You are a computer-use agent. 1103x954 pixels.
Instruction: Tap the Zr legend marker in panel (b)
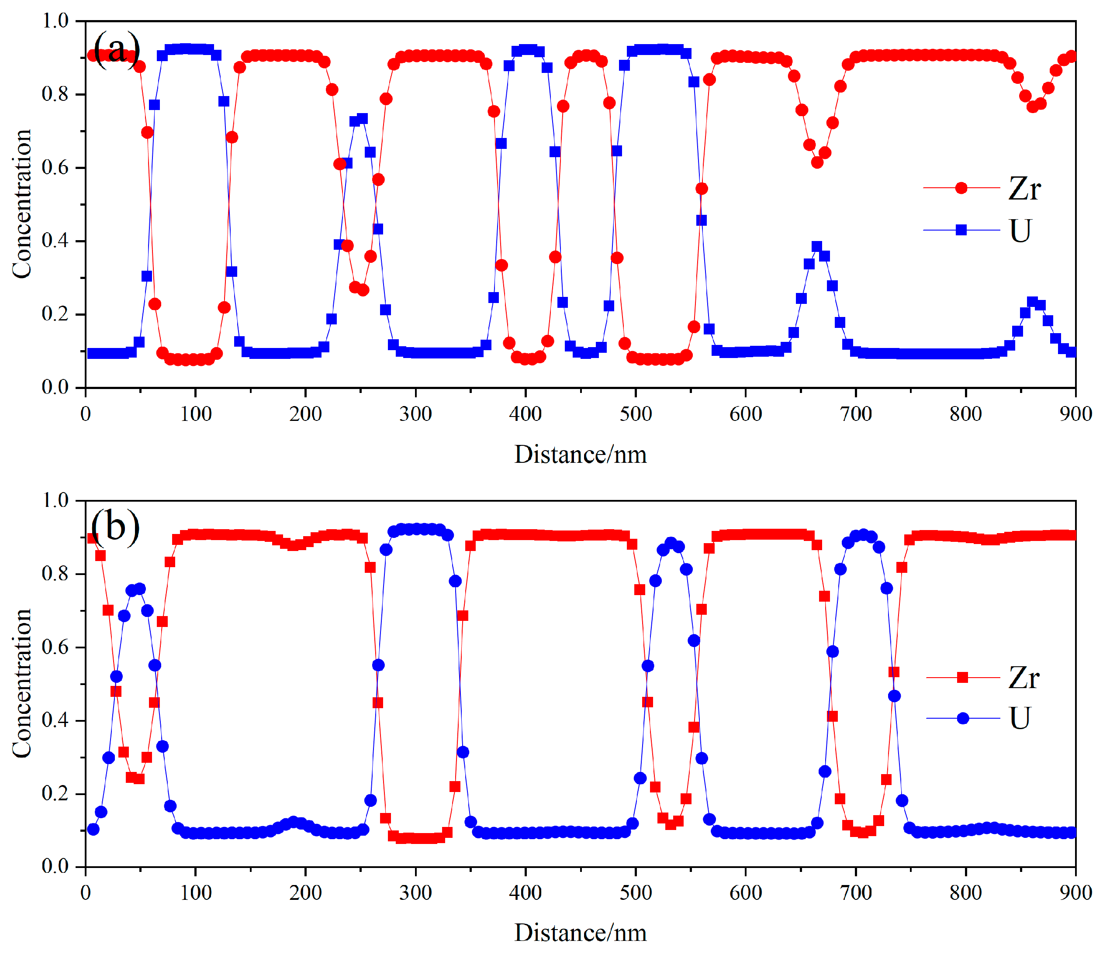click(962, 677)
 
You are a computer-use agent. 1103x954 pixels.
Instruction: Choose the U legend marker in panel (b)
click(962, 718)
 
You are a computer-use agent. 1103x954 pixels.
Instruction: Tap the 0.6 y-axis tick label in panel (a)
click(55, 168)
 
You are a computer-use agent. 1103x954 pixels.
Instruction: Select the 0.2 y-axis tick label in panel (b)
click(55, 793)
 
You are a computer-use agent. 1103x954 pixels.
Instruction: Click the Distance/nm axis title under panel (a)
click(580, 455)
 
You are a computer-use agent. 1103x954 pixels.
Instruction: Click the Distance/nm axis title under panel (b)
click(580, 933)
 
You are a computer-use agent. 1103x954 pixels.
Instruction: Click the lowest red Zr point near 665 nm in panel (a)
click(817, 162)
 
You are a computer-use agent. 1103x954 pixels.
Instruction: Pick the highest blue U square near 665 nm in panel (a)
click(817, 247)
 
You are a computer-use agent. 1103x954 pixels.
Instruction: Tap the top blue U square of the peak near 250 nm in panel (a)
click(363, 119)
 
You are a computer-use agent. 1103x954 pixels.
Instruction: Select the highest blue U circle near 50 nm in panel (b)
click(139, 589)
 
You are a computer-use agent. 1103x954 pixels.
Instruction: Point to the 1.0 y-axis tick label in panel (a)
click(55, 21)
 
